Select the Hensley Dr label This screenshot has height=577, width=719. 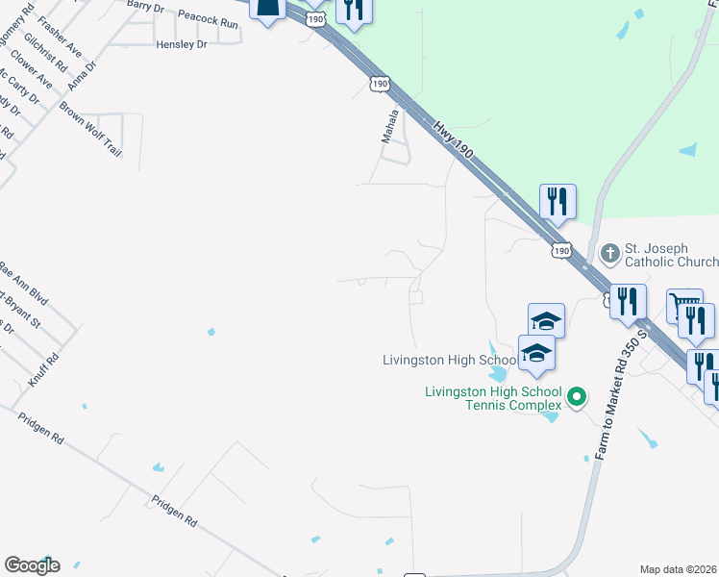(x=181, y=44)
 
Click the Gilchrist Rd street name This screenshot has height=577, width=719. (x=46, y=54)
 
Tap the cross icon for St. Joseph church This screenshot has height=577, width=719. (x=608, y=254)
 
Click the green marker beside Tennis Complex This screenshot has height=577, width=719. (x=577, y=395)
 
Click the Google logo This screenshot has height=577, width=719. (x=32, y=565)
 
